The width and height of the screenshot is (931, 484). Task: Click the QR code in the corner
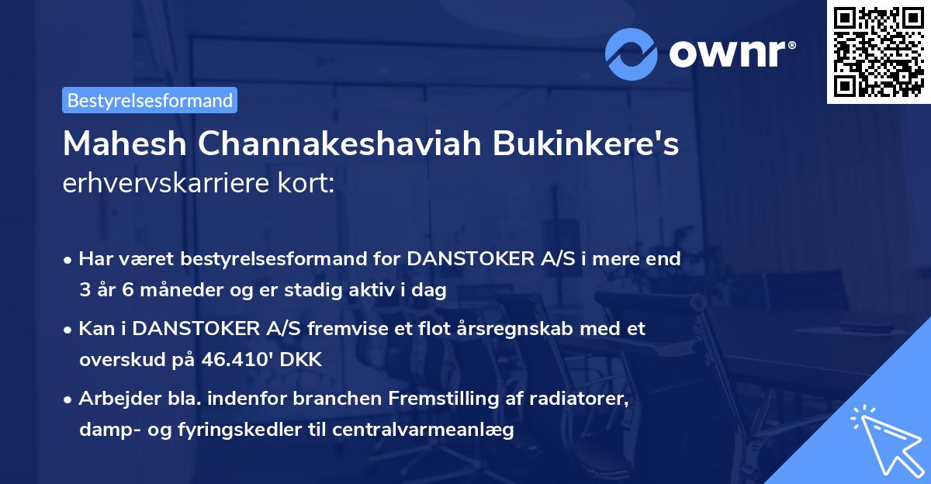[877, 52]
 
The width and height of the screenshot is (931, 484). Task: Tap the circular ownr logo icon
[632, 54]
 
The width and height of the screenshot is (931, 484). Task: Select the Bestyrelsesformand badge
[150, 100]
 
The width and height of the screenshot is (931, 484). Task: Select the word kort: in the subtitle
[308, 183]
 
